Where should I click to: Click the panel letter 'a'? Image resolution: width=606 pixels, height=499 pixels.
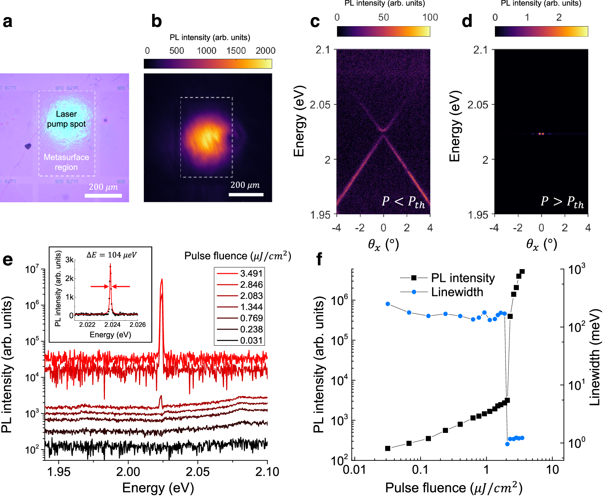7,21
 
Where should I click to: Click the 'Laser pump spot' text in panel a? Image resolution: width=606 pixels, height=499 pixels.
66,119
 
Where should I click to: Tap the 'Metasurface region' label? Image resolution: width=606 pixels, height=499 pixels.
66,162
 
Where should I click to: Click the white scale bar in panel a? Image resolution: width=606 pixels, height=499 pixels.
103,196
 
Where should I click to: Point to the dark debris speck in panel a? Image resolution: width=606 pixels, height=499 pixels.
28,146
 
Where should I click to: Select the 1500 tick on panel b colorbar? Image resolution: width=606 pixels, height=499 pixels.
236,50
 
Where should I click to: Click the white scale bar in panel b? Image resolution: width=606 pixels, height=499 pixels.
246,195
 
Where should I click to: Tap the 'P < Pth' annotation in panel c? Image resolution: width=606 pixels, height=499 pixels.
403,202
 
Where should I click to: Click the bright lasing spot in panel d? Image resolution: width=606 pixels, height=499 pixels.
541,134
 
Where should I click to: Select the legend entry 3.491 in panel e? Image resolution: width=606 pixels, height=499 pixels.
240,273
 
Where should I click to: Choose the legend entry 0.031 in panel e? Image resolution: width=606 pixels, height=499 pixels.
240,341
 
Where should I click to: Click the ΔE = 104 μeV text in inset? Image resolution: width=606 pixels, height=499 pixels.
111,255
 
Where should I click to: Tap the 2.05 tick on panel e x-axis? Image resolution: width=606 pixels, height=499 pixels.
198,472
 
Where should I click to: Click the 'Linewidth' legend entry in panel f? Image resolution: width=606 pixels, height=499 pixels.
457,292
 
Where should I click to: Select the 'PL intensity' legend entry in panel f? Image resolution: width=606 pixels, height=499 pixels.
463,278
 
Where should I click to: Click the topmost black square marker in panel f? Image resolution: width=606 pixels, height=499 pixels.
522,272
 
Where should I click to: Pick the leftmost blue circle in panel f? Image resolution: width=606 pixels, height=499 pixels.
388,304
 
